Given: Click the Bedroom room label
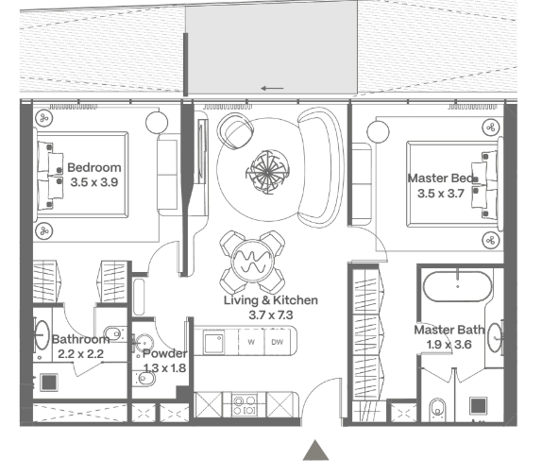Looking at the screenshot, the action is (94, 167).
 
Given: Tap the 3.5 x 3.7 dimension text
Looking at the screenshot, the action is (441, 194).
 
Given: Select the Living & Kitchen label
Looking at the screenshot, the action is (271, 300).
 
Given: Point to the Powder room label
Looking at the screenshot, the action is (164, 353).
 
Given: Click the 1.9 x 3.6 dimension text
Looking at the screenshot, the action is (449, 345).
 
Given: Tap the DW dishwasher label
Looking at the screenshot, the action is (278, 342).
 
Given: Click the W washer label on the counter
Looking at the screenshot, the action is (251, 342).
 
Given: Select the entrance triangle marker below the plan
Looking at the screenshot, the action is (315, 450).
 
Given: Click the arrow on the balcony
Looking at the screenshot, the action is (272, 89).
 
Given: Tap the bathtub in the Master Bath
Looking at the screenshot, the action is (457, 286).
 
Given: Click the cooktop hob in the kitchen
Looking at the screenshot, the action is (245, 405).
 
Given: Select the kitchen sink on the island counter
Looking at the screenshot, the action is (214, 342).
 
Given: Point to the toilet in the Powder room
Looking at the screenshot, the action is (145, 379).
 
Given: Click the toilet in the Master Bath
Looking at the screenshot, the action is (438, 409).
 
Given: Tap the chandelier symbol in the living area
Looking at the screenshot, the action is (267, 172).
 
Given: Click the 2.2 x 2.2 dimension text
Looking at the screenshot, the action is (80, 354).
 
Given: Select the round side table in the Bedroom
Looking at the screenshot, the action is (157, 122).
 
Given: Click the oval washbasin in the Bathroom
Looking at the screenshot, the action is (42, 335).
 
